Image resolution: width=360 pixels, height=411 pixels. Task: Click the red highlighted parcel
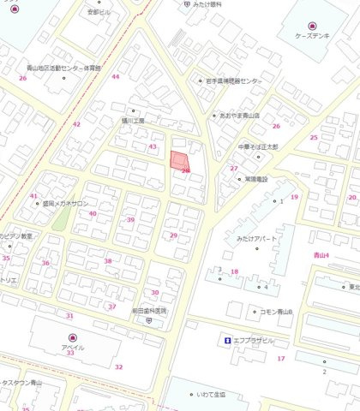pos(179,162)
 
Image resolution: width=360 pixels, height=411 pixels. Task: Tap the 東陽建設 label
pos(255,179)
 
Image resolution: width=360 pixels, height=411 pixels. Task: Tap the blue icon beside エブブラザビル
pos(227,340)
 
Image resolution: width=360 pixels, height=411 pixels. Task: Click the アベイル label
pos(72,348)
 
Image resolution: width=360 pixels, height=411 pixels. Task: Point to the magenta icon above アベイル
pos(72,337)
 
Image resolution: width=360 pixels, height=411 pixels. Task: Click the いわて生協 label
pos(209,395)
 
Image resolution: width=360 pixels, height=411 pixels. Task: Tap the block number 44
pos(115,77)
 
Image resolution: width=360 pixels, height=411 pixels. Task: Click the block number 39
pos(130,220)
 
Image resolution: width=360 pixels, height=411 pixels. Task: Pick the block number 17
pos(280,358)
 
